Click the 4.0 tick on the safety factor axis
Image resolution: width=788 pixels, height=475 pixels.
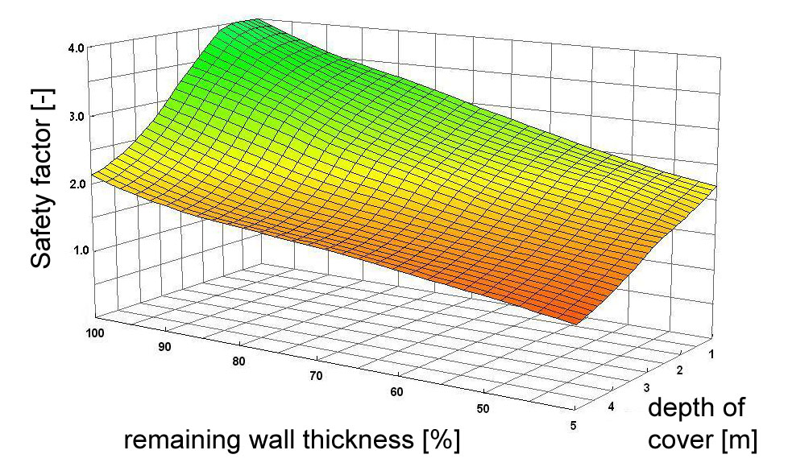77,48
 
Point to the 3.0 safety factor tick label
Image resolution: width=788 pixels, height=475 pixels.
77,115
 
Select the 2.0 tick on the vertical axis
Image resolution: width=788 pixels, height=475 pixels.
77,183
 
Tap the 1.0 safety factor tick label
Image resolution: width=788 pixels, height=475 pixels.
77,250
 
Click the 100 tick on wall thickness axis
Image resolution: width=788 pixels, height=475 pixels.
94,331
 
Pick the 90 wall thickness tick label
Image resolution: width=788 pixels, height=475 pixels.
165,346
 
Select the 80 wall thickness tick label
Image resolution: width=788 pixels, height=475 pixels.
238,361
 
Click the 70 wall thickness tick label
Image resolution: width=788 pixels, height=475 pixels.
315,376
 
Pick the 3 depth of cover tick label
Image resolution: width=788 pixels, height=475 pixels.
648,388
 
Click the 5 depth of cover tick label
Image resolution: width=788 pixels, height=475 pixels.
573,427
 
